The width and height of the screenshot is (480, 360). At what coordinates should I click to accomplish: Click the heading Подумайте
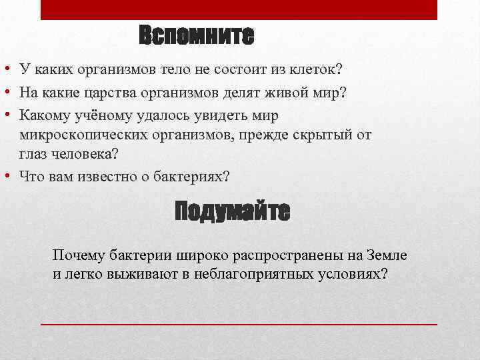232,211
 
